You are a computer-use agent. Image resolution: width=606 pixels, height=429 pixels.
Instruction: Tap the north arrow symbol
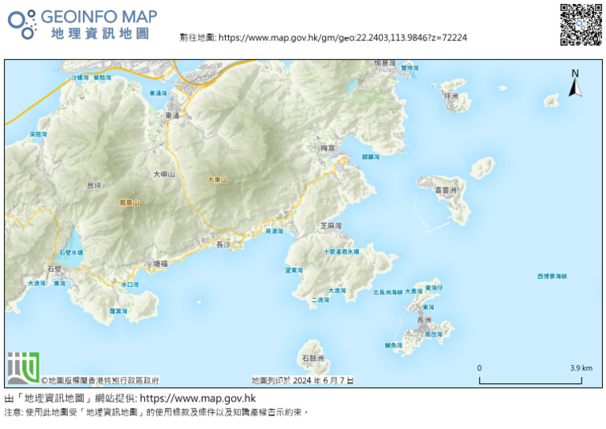coord(575,83)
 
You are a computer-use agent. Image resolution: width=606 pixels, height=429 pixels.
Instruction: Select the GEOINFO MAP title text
coord(98,16)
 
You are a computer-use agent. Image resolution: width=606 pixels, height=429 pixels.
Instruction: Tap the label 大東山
coord(217,180)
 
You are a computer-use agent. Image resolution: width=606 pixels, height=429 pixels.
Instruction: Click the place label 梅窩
coord(328,148)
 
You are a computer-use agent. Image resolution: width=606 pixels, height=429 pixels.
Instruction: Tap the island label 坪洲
coord(451,96)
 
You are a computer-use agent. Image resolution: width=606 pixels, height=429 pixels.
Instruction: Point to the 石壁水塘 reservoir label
coord(71,253)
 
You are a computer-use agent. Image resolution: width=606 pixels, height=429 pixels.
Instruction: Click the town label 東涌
coord(173,116)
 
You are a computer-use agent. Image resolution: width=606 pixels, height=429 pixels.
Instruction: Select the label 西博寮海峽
coord(552,277)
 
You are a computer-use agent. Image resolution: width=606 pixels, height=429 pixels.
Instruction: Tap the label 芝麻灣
coord(331,226)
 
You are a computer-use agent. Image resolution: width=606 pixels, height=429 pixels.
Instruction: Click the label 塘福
coord(160,264)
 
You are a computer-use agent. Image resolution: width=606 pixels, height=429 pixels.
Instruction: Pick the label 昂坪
coord(93,186)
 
